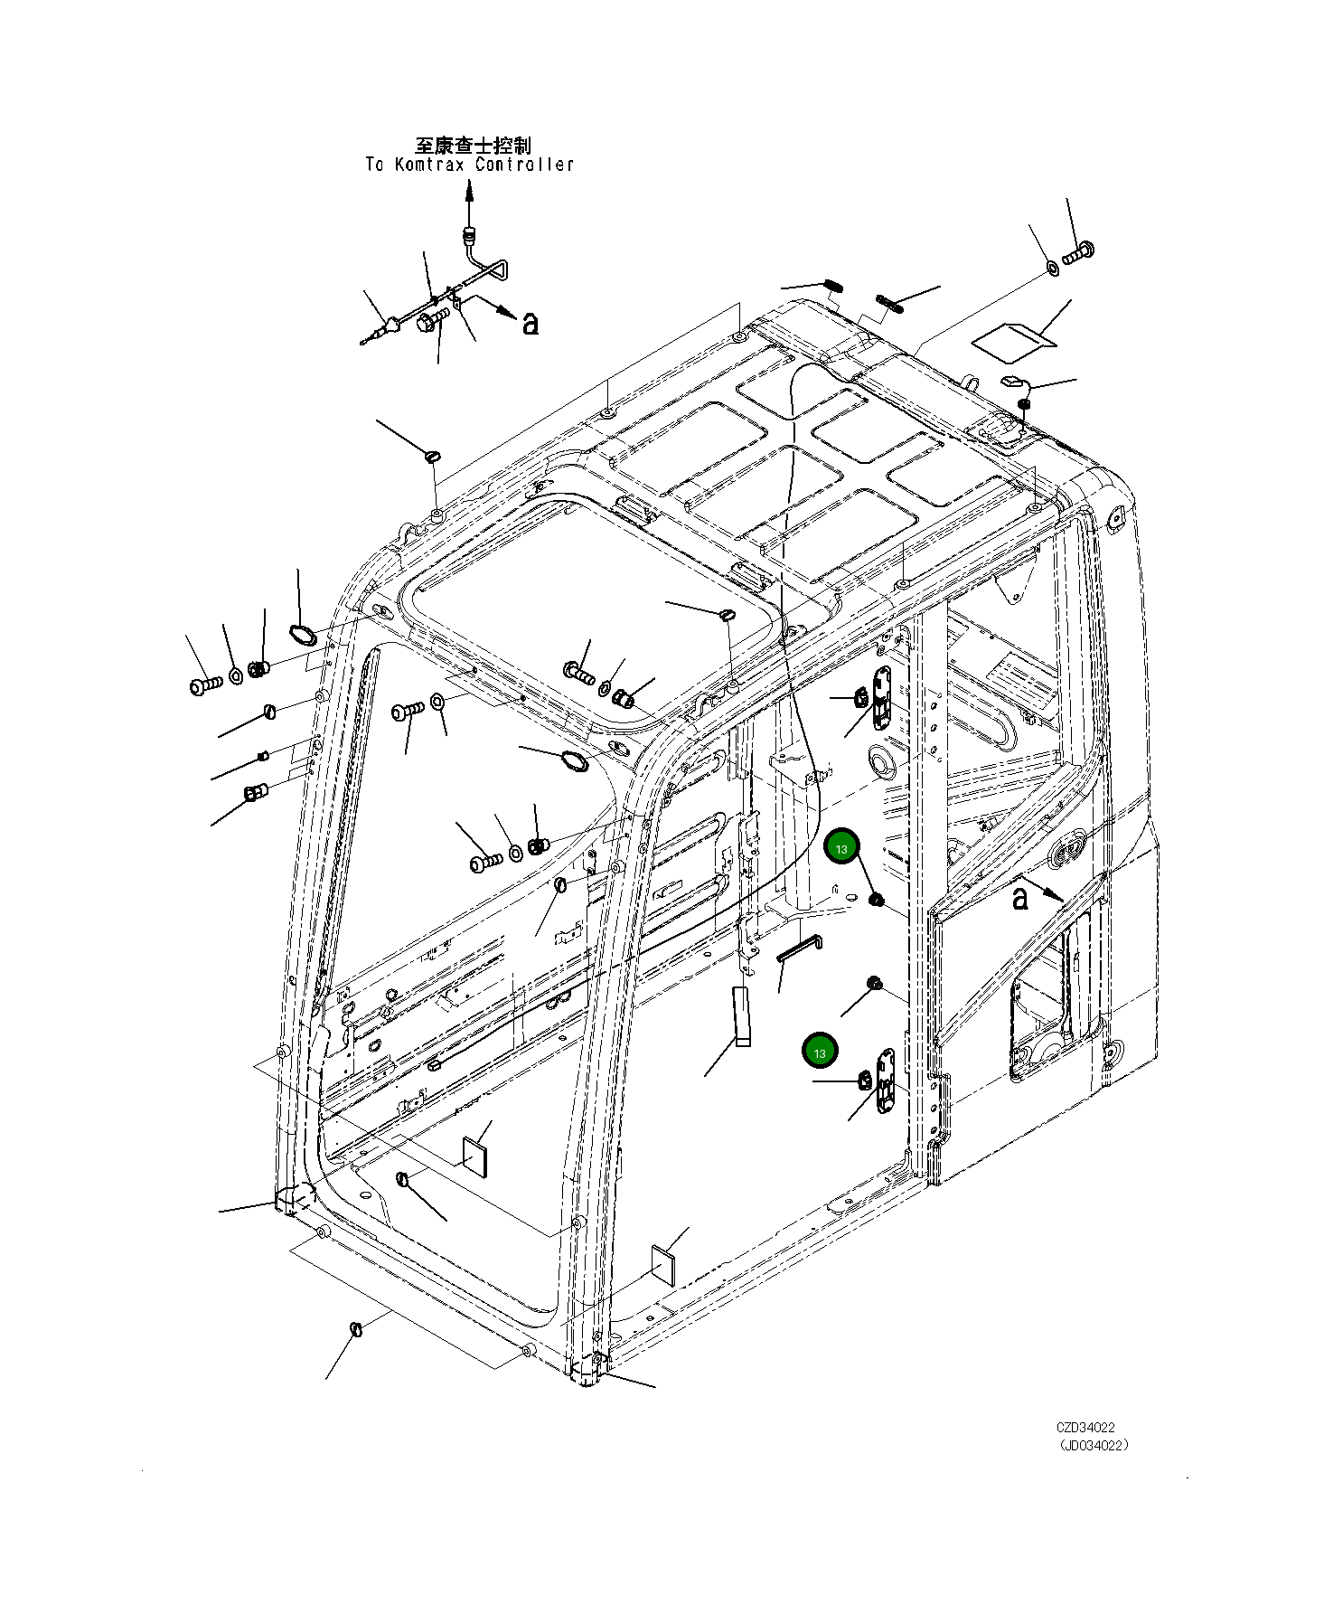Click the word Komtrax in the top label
tap(429, 165)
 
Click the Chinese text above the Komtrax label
tap(473, 145)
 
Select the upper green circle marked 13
tap(841, 848)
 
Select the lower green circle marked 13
tap(820, 1052)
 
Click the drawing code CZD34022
tap(1085, 1428)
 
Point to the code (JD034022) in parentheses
tap(1094, 1445)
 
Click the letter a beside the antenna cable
tap(531, 323)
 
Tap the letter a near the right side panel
tap(1019, 899)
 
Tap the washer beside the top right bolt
tap(1053, 268)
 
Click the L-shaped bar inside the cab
tap(798, 949)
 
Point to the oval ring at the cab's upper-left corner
tap(301, 634)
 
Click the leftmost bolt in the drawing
tap(206, 685)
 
